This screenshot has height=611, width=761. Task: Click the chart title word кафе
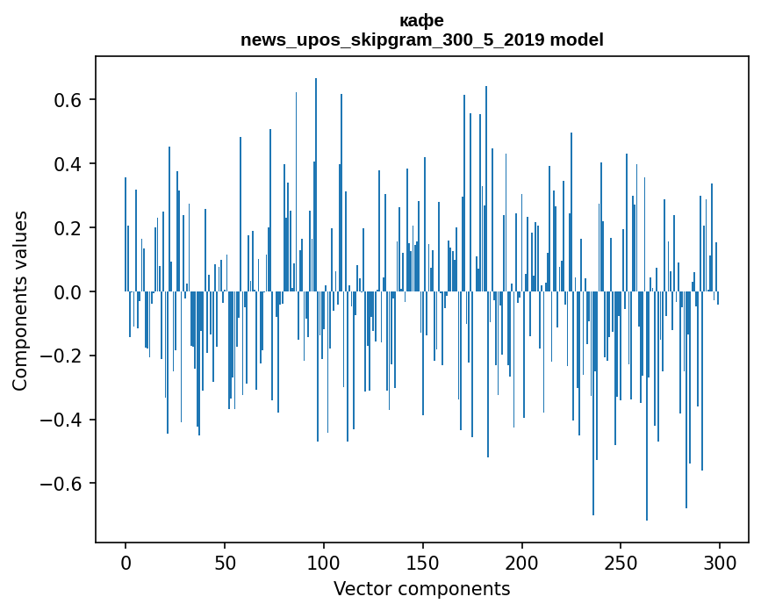(421, 21)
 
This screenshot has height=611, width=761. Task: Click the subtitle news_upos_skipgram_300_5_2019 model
(421, 40)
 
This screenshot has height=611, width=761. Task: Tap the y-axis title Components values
(20, 300)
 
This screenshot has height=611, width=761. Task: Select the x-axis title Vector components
(421, 588)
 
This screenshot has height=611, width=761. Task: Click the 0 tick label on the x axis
(126, 563)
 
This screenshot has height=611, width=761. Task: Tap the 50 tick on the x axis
(225, 563)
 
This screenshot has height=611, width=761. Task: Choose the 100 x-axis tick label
(324, 563)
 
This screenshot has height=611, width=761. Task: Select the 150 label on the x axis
(423, 563)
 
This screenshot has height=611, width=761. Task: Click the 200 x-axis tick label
(522, 563)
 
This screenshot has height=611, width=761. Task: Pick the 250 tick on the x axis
(621, 563)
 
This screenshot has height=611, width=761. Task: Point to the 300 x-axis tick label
(721, 563)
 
